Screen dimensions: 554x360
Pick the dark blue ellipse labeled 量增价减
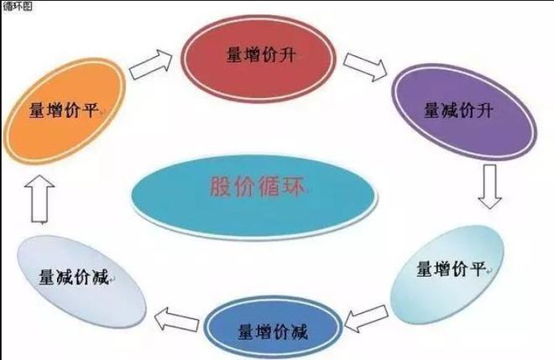point(274,329)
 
